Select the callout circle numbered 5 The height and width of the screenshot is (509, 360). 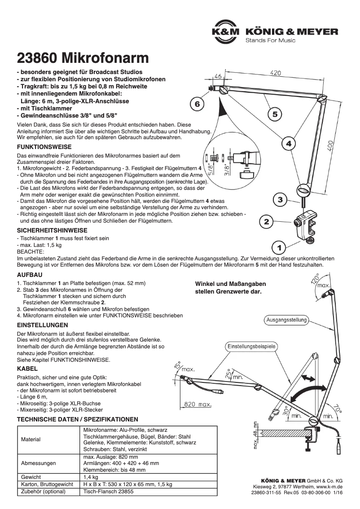coord(275,114)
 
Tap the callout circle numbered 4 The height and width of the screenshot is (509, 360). coord(289,144)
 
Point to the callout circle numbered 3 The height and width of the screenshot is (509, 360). coord(280,200)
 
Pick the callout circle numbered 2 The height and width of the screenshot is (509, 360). coord(266,222)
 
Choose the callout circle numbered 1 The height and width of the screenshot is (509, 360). coord(279,247)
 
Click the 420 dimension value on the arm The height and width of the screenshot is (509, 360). coord(276,72)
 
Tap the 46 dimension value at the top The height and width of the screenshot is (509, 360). coord(218,77)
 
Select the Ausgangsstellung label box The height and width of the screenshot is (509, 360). coord(286,320)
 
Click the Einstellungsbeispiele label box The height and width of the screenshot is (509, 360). coord(251,347)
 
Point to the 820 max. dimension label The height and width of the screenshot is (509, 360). coord(198,404)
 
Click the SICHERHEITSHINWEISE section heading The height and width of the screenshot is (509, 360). coord(52,230)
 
